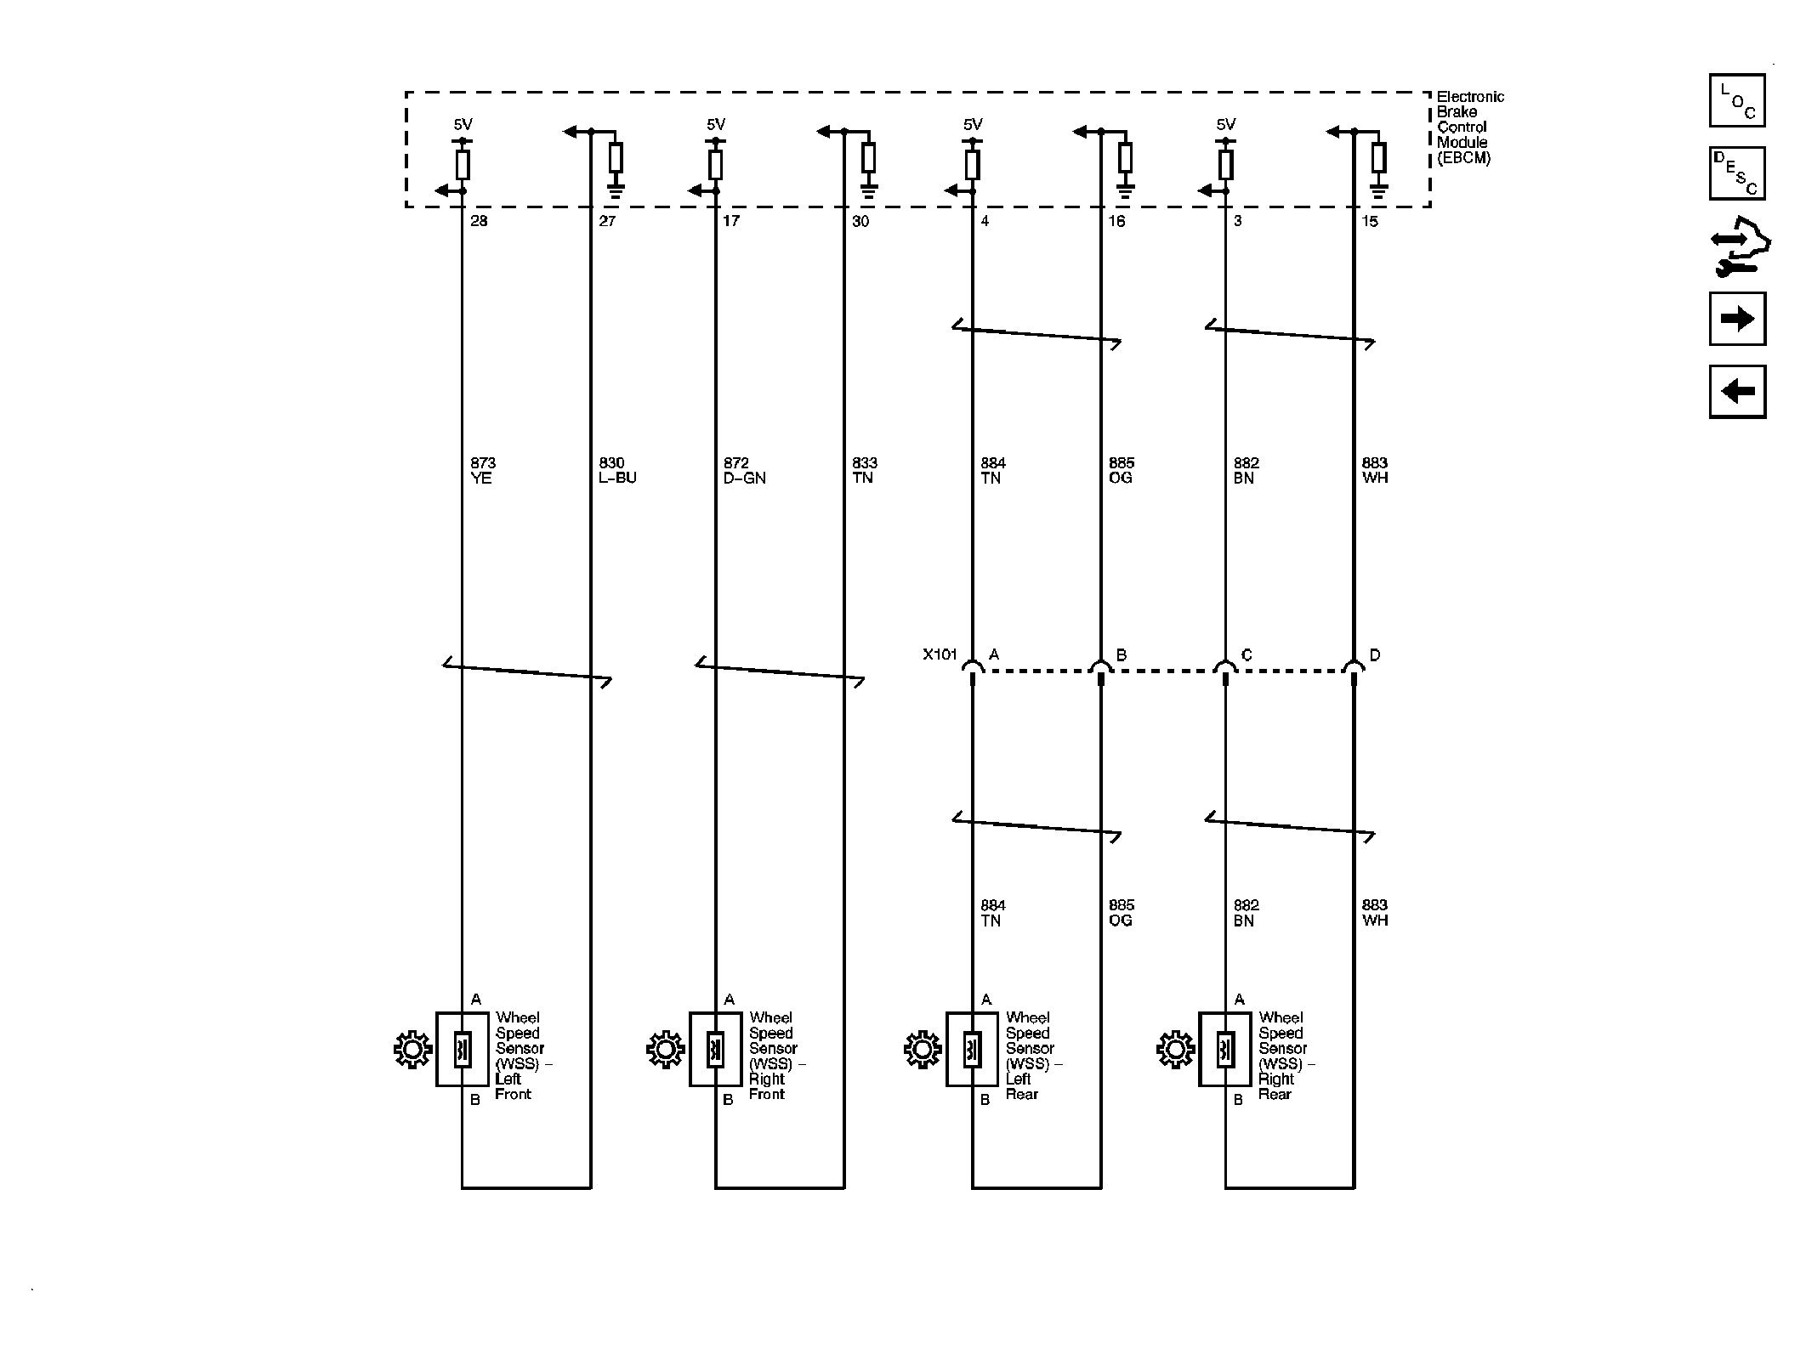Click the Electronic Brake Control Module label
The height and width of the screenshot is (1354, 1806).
pos(1469,127)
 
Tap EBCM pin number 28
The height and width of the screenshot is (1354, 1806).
pos(480,221)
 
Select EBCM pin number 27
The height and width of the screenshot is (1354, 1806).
pos(607,221)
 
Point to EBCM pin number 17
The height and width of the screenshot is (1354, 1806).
pos(731,221)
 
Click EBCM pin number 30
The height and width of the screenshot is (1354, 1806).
pos(860,221)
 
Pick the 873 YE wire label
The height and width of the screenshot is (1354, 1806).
pos(483,470)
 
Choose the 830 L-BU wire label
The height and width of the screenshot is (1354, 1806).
pos(617,470)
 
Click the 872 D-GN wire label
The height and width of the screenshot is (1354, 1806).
pos(744,470)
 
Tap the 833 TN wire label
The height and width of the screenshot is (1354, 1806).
pos(864,470)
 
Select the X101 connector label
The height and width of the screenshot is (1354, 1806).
pos(940,654)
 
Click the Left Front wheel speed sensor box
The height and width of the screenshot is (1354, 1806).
pos(463,1049)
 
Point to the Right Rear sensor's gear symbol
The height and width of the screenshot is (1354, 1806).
pos(1175,1050)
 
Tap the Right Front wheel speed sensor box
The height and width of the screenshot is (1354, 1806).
pos(715,1049)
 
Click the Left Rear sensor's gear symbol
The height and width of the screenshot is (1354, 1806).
pos(923,1050)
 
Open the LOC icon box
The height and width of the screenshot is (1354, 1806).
pos(1736,100)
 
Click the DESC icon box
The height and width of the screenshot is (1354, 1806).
pos(1736,173)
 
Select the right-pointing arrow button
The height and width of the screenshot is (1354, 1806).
pos(1736,319)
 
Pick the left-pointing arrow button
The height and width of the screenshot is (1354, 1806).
pos(1736,392)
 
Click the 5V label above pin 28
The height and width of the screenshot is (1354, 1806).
pos(463,124)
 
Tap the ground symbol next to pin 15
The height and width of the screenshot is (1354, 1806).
pos(1378,192)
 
